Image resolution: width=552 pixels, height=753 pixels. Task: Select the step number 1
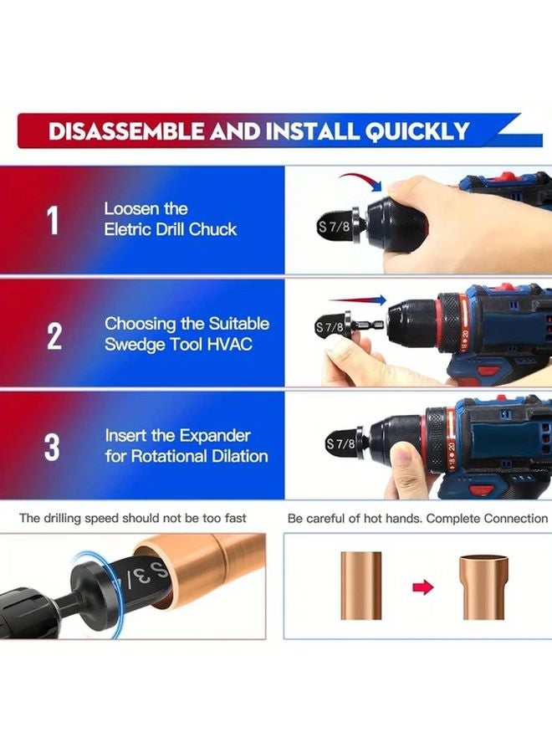[x=54, y=221]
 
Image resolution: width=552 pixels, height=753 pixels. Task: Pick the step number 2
[x=54, y=335]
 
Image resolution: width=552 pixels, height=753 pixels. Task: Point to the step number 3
[x=53, y=448]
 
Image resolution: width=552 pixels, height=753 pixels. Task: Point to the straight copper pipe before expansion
[x=360, y=586]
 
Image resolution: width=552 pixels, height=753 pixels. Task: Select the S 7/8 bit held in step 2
[x=331, y=327]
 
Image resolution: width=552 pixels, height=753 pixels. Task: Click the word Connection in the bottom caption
[x=514, y=519]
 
